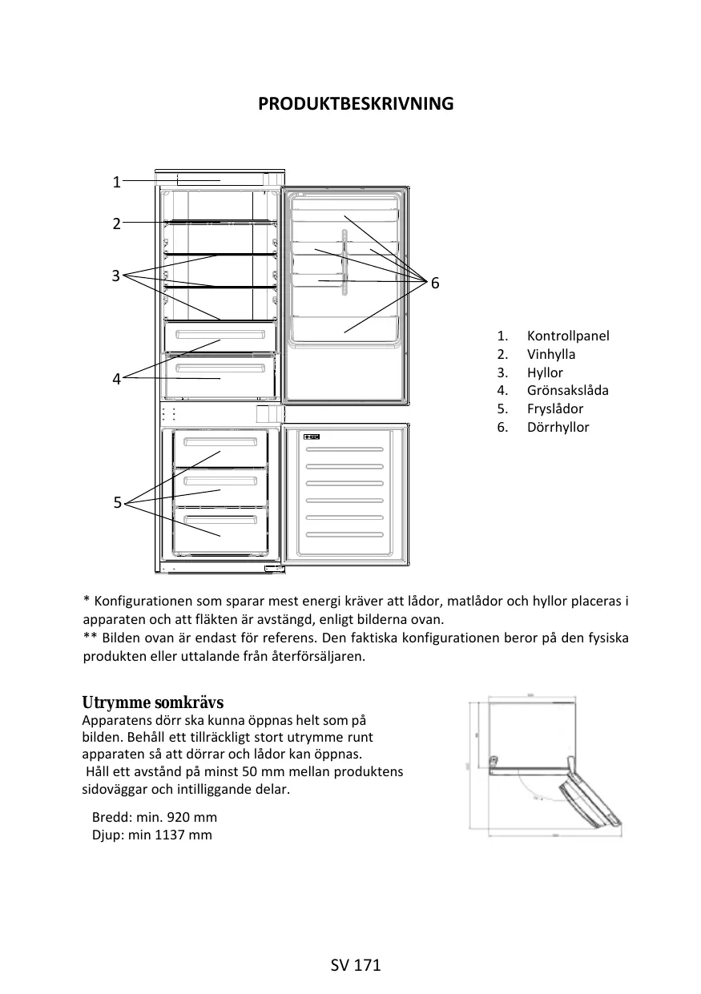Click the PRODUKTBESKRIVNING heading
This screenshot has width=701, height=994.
tap(355, 104)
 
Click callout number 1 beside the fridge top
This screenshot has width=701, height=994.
tap(116, 182)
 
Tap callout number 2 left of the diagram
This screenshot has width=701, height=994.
tap(116, 223)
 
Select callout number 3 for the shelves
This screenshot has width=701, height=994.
tap(116, 276)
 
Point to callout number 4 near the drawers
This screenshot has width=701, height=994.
tap(116, 379)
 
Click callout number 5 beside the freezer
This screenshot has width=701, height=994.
tap(117, 503)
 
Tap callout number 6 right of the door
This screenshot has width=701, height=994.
tap(435, 284)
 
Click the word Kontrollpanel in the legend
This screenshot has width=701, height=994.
tap(567, 336)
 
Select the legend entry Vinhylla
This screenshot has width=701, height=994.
tap(550, 354)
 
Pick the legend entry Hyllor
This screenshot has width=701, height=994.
tap(545, 372)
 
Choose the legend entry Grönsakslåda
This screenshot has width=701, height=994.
tap(567, 390)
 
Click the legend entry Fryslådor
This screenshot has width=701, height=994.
tap(554, 408)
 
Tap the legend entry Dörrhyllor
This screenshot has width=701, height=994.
tap(558, 427)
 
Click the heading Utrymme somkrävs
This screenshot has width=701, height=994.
tap(152, 703)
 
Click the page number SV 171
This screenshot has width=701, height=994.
tap(356, 965)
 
